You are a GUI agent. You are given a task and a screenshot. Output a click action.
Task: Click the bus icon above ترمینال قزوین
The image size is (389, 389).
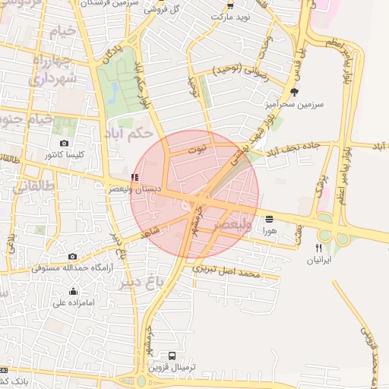pos(173,356)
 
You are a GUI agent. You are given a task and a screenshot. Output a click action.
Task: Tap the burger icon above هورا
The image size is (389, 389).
pos(269,219)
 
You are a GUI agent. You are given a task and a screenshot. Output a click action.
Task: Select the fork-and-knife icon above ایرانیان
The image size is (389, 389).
pos(319,248)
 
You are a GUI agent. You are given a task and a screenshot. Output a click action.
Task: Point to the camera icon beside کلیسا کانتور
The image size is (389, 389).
pos(64,143)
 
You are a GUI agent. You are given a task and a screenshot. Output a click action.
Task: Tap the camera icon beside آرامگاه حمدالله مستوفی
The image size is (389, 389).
pos(72,257)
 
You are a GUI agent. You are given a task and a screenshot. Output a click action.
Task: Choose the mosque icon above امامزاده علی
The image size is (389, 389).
pos(73,291)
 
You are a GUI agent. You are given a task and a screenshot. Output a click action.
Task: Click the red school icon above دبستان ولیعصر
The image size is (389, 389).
pos(135,177)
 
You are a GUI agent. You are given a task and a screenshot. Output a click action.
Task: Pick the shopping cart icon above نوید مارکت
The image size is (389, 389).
pos(230,5)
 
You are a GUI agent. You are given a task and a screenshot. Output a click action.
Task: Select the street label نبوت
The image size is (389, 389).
pos(198,151)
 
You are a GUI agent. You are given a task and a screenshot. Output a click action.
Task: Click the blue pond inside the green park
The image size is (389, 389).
pos(114,92)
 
